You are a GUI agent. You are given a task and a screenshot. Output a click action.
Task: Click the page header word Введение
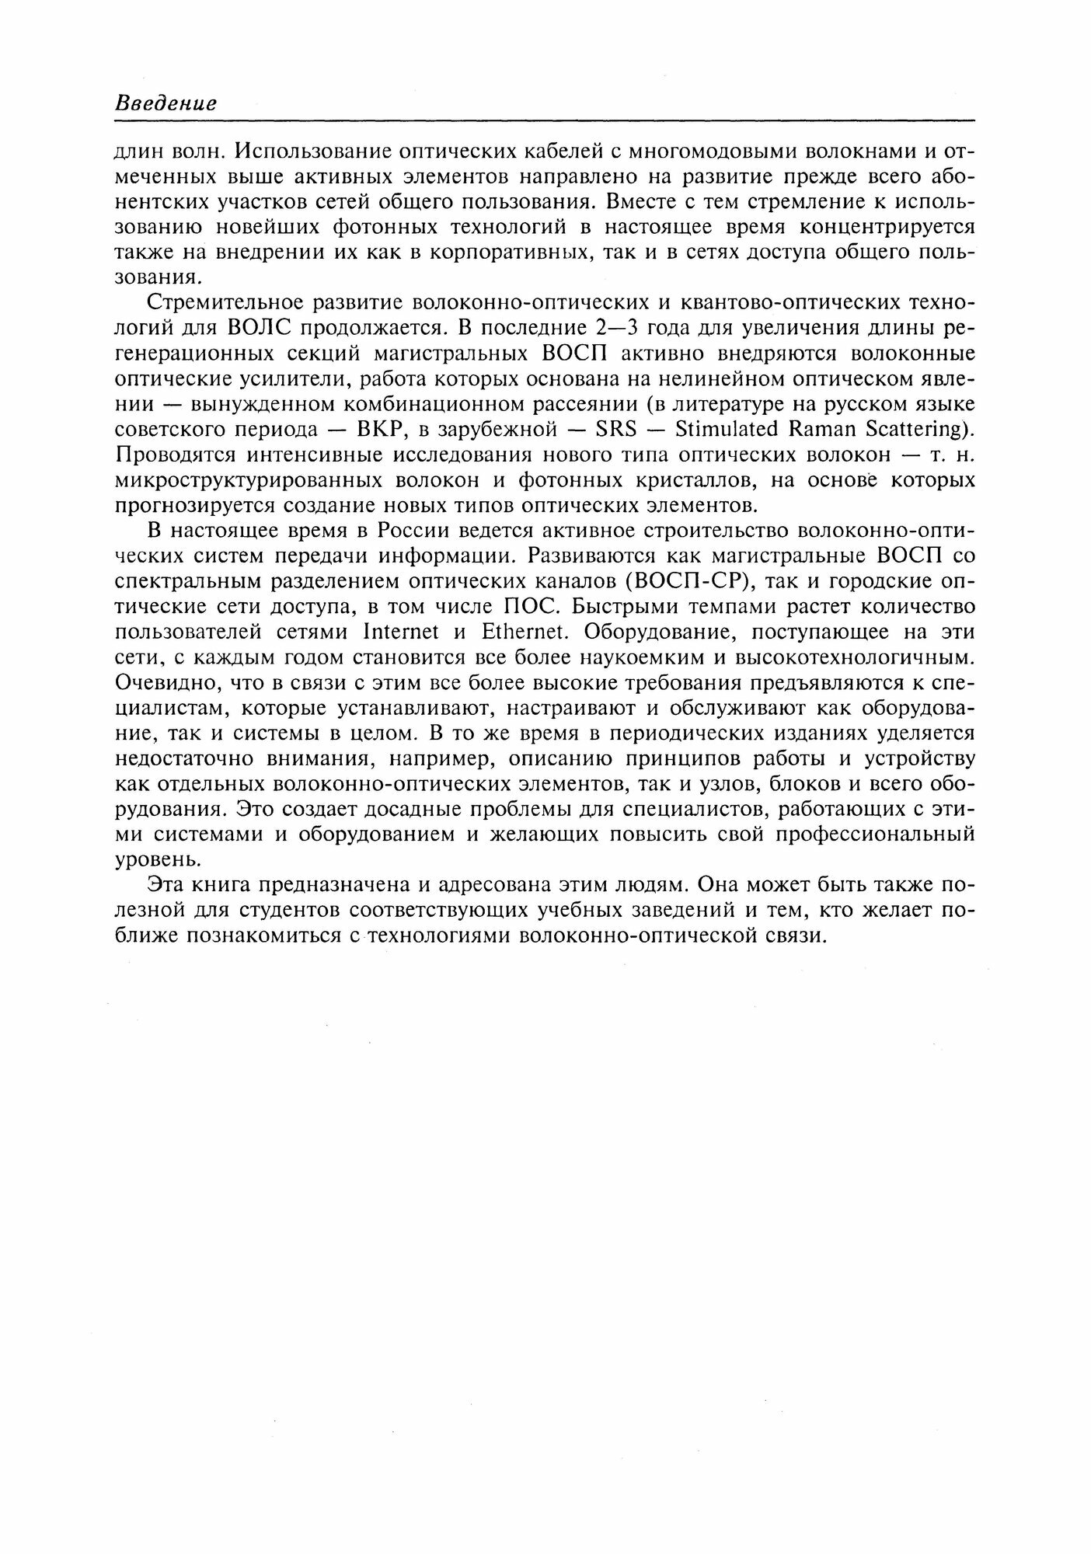[166, 103]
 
